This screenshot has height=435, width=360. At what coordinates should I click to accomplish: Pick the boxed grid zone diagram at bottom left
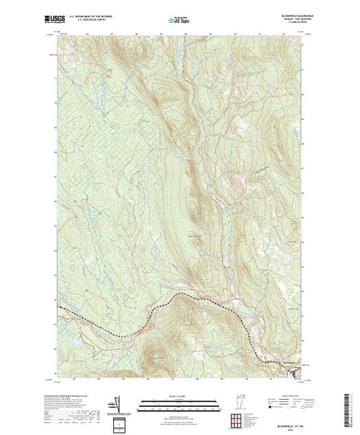pos(122,422)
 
